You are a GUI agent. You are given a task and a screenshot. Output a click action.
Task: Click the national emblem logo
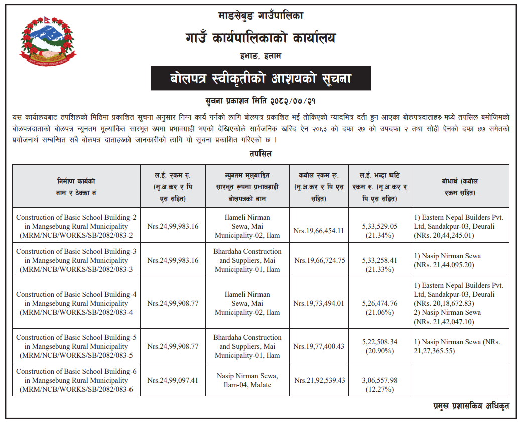pyautogui.click(x=44, y=44)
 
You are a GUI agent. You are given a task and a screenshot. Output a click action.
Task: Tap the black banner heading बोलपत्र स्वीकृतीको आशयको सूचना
pyautogui.click(x=261, y=78)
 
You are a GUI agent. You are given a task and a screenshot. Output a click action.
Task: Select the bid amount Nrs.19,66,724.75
pyautogui.click(x=320, y=260)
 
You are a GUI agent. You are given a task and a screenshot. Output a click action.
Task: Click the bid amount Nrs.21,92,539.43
pyautogui.click(x=320, y=380)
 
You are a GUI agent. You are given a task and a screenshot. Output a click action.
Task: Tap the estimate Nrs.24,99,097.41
pyautogui.click(x=173, y=380)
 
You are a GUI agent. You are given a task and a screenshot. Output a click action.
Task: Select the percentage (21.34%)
pyautogui.click(x=378, y=235)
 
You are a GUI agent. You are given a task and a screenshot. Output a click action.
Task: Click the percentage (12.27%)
pyautogui.click(x=378, y=389)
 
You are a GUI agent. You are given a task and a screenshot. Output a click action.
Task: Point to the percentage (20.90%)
pyautogui.click(x=378, y=351)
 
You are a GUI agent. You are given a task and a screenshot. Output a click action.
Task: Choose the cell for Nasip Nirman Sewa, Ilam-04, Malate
pyautogui.click(x=247, y=380)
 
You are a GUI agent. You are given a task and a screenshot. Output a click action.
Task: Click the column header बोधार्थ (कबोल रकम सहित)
pyautogui.click(x=460, y=186)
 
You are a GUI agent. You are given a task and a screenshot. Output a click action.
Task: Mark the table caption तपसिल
pyautogui.click(x=260, y=154)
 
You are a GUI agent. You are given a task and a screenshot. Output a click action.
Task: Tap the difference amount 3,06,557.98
pyautogui.click(x=378, y=380)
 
